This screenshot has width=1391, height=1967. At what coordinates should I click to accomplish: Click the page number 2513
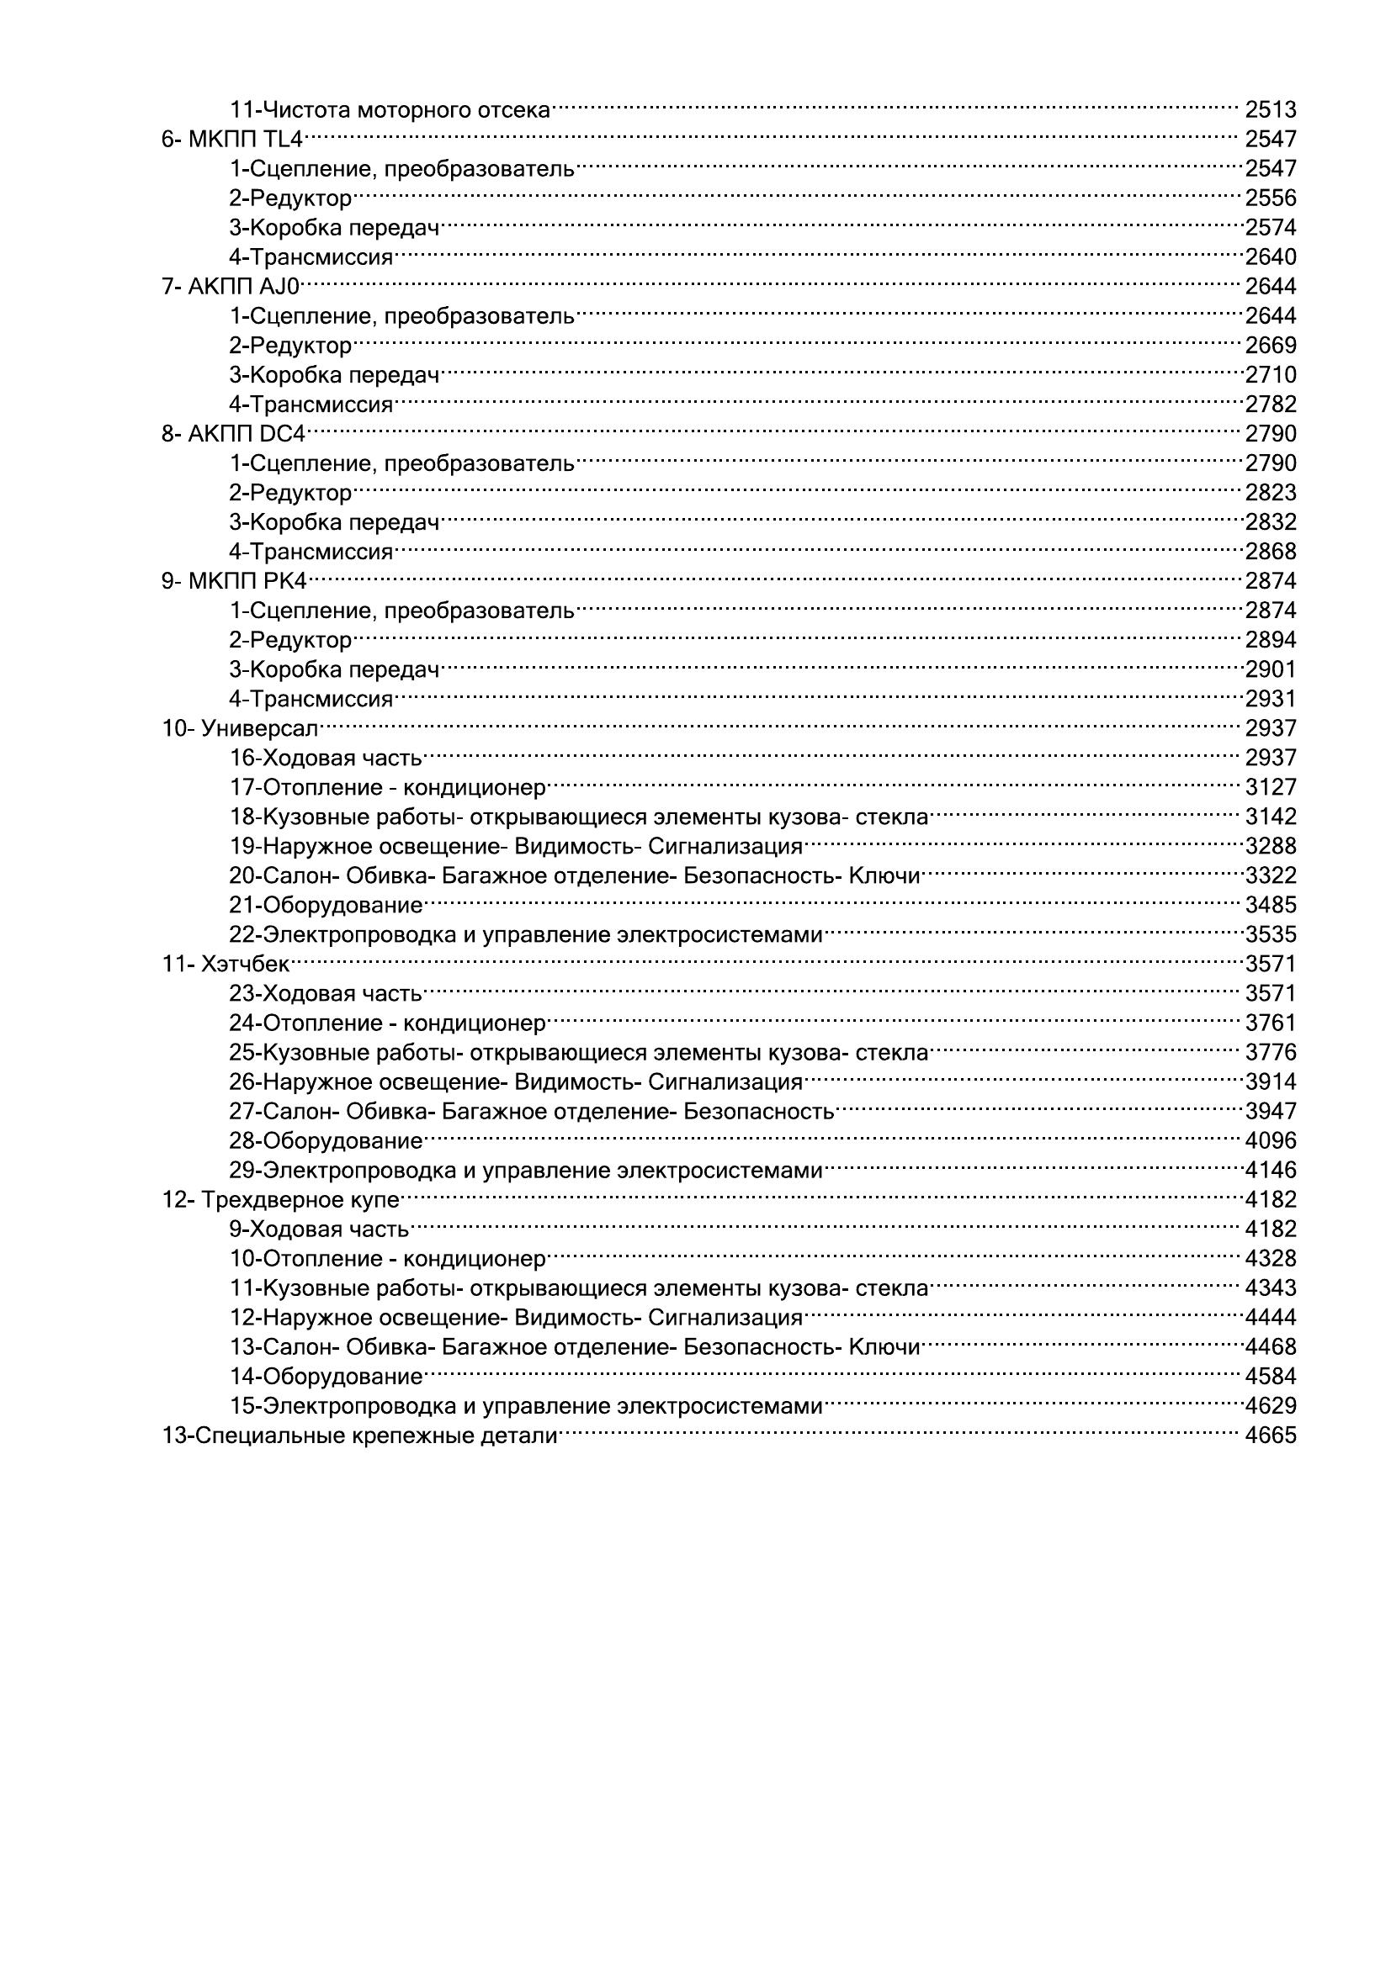(1270, 109)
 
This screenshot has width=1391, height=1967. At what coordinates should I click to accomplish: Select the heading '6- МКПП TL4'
(232, 139)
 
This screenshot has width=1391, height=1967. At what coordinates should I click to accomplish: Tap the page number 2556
(1270, 198)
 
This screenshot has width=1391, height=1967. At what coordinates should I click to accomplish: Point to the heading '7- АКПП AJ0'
(231, 286)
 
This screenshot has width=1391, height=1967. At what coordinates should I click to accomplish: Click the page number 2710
(1270, 374)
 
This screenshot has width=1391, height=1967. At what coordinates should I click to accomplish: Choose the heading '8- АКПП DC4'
(233, 433)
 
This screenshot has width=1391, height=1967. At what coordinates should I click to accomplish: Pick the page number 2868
(1270, 551)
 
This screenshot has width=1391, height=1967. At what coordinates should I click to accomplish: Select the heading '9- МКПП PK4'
(234, 581)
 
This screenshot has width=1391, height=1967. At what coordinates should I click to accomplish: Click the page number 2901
(1270, 669)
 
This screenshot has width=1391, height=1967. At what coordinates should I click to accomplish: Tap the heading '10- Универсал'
(240, 728)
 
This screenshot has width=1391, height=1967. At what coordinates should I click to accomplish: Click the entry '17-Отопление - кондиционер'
(387, 787)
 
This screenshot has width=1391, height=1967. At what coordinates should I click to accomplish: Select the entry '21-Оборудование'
(326, 905)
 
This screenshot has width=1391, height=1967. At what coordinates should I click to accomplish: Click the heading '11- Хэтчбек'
(226, 964)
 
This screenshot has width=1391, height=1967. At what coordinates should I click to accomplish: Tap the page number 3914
(1270, 1081)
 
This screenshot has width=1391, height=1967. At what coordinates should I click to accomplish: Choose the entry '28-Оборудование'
(326, 1140)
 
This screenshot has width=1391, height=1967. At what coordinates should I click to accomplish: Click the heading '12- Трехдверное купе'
(281, 1199)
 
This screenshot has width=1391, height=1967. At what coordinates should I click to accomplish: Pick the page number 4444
(1270, 1317)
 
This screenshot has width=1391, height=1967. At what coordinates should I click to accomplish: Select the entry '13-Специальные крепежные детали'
(360, 1435)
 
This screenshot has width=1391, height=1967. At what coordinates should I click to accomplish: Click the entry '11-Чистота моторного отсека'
(390, 109)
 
